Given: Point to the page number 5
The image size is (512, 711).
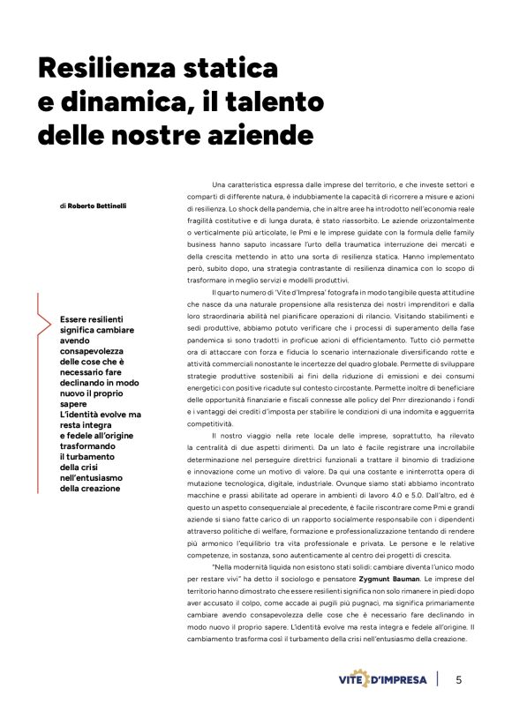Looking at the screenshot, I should point(459,679).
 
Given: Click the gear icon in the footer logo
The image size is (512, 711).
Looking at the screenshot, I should point(386,679).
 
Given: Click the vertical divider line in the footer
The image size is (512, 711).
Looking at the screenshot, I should point(438,679).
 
